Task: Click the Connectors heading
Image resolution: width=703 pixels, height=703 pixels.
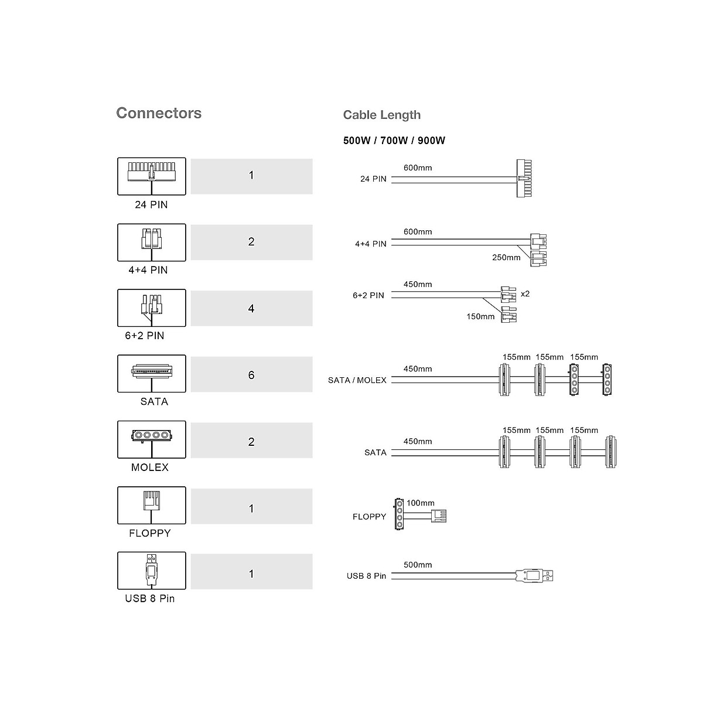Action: (159, 113)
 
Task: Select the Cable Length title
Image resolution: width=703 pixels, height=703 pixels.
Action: (381, 115)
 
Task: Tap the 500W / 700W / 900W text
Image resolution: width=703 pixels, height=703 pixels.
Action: (394, 141)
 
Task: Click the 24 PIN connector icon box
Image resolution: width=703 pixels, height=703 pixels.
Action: (152, 176)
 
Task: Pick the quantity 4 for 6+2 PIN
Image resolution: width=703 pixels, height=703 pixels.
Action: (251, 308)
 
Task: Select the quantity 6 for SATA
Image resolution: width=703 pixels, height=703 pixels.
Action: (251, 375)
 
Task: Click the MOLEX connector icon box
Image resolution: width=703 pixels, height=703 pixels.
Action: (152, 439)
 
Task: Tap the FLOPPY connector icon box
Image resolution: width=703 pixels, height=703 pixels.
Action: (152, 505)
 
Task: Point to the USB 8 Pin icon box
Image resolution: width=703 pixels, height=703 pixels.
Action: (152, 571)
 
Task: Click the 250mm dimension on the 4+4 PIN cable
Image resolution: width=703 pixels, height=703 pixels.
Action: (506, 257)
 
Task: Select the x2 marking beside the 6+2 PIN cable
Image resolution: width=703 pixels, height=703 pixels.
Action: (525, 294)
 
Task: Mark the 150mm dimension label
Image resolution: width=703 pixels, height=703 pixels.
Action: (480, 316)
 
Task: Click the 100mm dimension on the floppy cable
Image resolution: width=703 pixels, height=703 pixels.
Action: (421, 503)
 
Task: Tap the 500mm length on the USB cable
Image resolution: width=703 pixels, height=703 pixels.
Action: (418, 565)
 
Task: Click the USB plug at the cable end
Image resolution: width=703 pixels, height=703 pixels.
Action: (534, 576)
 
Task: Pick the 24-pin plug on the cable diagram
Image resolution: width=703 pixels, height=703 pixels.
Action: (525, 178)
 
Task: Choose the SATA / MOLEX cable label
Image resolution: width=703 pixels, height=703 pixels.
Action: (357, 380)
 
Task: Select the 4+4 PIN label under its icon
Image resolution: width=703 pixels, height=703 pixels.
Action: (148, 270)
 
